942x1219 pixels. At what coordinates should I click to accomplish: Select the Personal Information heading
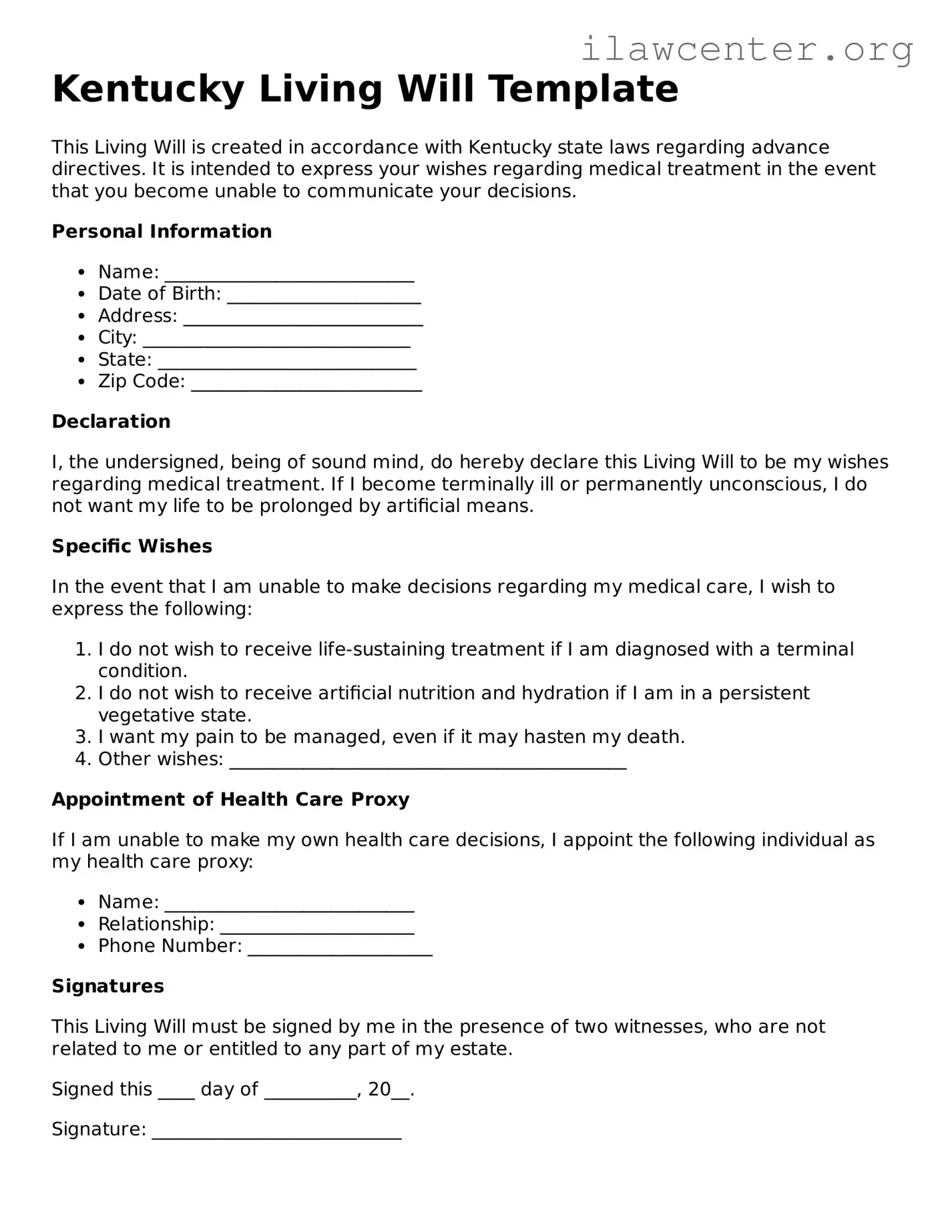pyautogui.click(x=162, y=231)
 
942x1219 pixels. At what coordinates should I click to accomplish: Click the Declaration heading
pyautogui.click(x=111, y=421)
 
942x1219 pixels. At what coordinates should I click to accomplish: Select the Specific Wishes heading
pyautogui.click(x=132, y=546)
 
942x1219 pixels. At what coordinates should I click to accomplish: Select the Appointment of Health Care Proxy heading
pyautogui.click(x=230, y=799)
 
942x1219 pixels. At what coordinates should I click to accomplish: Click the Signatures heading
pyautogui.click(x=107, y=986)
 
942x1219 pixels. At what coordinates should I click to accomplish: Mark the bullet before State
pyautogui.click(x=81, y=360)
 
